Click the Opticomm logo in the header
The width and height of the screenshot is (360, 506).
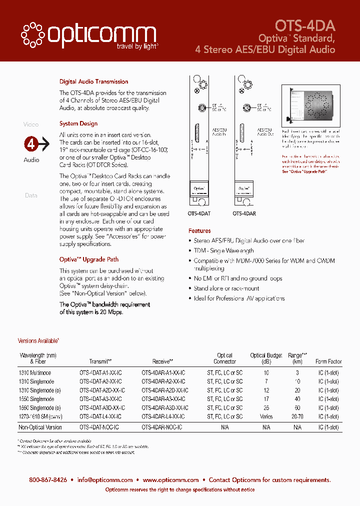[89, 36]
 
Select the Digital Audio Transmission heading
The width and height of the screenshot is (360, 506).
[93, 81]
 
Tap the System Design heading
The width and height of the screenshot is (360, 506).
[78, 123]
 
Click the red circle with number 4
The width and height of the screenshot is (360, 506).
[31, 144]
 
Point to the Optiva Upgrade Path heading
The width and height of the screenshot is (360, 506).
[89, 259]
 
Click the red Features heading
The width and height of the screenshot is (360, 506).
[199, 231]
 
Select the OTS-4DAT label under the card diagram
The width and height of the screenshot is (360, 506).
[199, 213]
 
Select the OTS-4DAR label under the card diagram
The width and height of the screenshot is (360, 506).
[244, 213]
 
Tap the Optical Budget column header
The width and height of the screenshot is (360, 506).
[266, 358]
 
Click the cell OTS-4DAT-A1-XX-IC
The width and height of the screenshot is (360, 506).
[100, 373]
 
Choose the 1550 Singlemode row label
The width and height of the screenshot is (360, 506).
[36, 399]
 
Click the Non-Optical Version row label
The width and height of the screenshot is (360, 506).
[40, 427]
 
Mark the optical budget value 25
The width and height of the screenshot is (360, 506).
[266, 408]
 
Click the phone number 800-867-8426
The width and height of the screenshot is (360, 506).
[48, 480]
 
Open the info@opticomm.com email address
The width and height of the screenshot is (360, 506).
[105, 480]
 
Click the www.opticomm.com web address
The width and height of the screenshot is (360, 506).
[170, 480]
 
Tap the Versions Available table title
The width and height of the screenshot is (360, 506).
[38, 341]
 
